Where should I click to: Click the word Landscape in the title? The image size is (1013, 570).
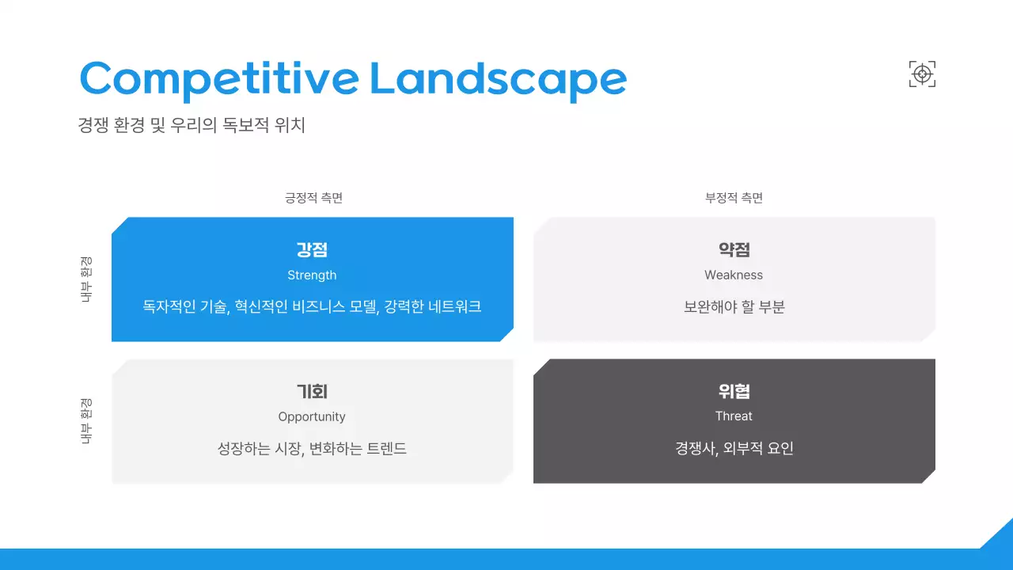498,79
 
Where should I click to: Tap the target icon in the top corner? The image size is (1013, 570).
922,74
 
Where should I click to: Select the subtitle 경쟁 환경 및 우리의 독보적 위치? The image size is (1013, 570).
192,126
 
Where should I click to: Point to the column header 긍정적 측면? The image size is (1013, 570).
313,198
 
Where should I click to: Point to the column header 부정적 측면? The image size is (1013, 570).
734,198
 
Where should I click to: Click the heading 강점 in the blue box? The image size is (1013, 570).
312,250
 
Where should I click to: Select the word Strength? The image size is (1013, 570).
312,275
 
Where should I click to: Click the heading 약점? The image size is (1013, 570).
734,250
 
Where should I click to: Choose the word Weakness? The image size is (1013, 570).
734,275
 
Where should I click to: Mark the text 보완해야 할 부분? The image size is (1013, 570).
734,307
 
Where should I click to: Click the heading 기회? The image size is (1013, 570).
312,392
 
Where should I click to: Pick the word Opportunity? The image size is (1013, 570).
312,417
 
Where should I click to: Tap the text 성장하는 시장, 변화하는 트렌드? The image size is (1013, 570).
312,449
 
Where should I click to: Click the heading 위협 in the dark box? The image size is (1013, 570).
734,392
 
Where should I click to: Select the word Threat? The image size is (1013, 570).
734,416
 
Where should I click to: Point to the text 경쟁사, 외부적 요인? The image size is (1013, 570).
734,449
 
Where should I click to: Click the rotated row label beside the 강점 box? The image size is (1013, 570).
86,279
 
